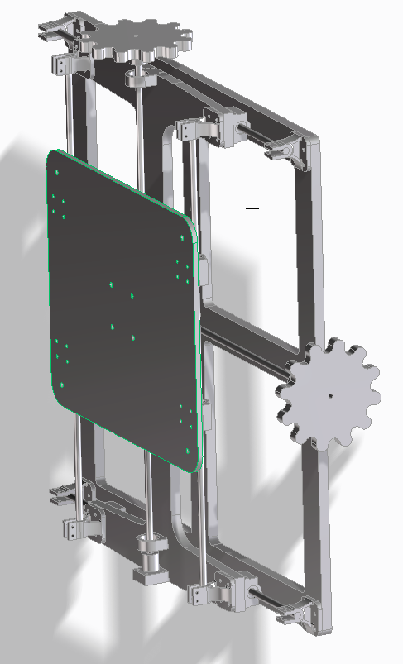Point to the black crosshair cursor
252,208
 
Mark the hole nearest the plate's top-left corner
55,174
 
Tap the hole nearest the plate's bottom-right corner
189,451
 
